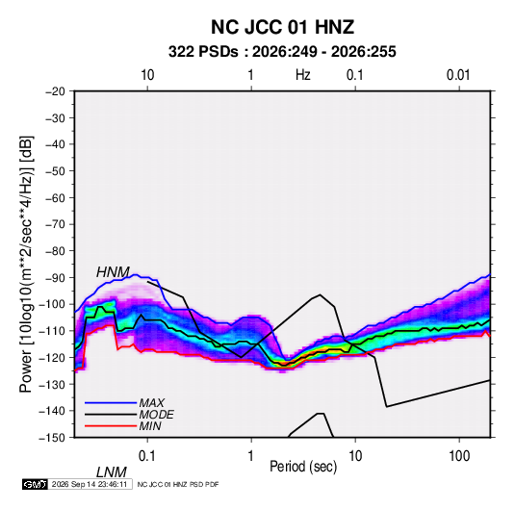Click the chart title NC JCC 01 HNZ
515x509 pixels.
click(282, 27)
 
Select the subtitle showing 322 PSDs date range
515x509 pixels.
click(282, 52)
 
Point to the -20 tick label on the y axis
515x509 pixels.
click(55, 91)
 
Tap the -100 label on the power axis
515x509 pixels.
click(52, 304)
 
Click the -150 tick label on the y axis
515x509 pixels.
click(52, 438)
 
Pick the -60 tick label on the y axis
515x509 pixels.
click(55, 197)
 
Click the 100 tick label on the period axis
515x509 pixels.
click(459, 456)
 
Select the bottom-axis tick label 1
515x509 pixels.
click(251, 456)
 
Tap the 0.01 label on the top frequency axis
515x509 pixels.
click(458, 75)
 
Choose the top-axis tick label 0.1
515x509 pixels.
click(355, 75)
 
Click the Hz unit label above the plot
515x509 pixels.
click(303, 75)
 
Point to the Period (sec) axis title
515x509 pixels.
click(303, 467)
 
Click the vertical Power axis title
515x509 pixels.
click(26, 264)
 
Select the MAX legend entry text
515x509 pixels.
click(152, 403)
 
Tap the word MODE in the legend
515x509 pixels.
click(156, 415)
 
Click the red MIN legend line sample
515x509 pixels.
click(111, 426)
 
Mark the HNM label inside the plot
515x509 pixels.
click(113, 272)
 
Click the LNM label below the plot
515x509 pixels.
click(112, 472)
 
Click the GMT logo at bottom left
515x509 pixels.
click(36, 484)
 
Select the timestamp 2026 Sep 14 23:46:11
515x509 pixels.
click(90, 484)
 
